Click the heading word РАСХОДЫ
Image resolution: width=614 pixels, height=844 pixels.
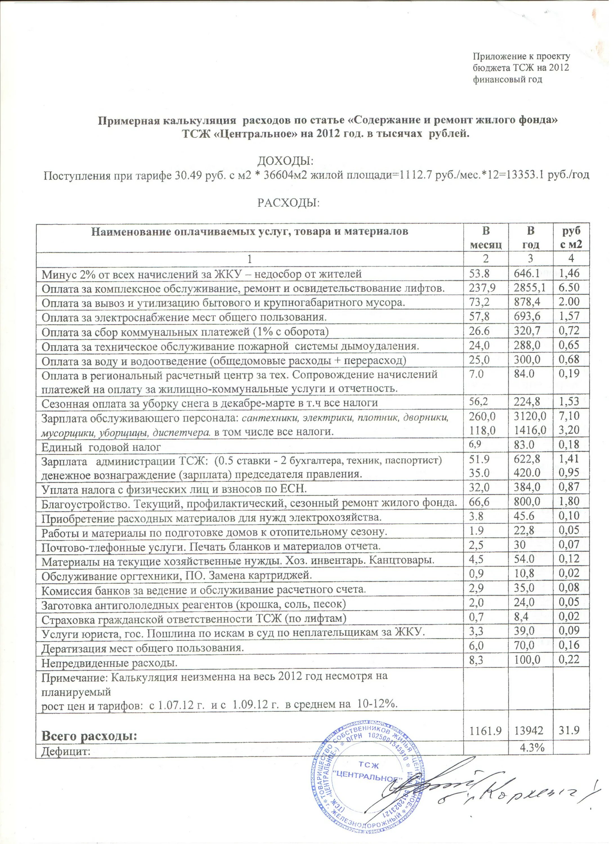pyautogui.click(x=289, y=203)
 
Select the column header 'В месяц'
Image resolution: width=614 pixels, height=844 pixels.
pyautogui.click(x=486, y=237)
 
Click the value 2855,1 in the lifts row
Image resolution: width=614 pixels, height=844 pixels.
pyautogui.click(x=530, y=288)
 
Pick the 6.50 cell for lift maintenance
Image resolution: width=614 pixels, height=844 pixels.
pyautogui.click(x=569, y=288)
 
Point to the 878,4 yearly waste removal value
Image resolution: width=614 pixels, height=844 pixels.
pyautogui.click(x=527, y=302)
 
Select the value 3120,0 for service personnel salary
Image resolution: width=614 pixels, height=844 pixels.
pyautogui.click(x=530, y=416)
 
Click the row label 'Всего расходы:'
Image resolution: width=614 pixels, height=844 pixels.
pyautogui.click(x=89, y=736)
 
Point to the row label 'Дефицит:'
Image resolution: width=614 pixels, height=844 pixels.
pyautogui.click(x=66, y=748)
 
